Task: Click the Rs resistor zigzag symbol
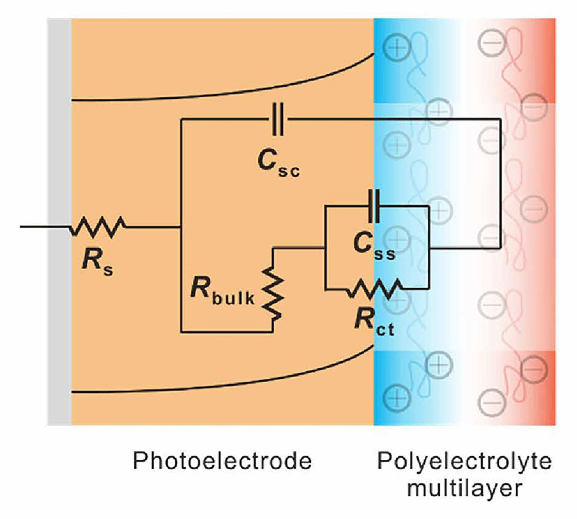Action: (98, 226)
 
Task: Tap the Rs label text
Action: (97, 260)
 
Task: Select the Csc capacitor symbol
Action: (278, 119)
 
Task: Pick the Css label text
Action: (374, 246)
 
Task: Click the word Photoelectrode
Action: (222, 461)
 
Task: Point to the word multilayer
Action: (465, 488)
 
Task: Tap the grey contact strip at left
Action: (59, 222)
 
